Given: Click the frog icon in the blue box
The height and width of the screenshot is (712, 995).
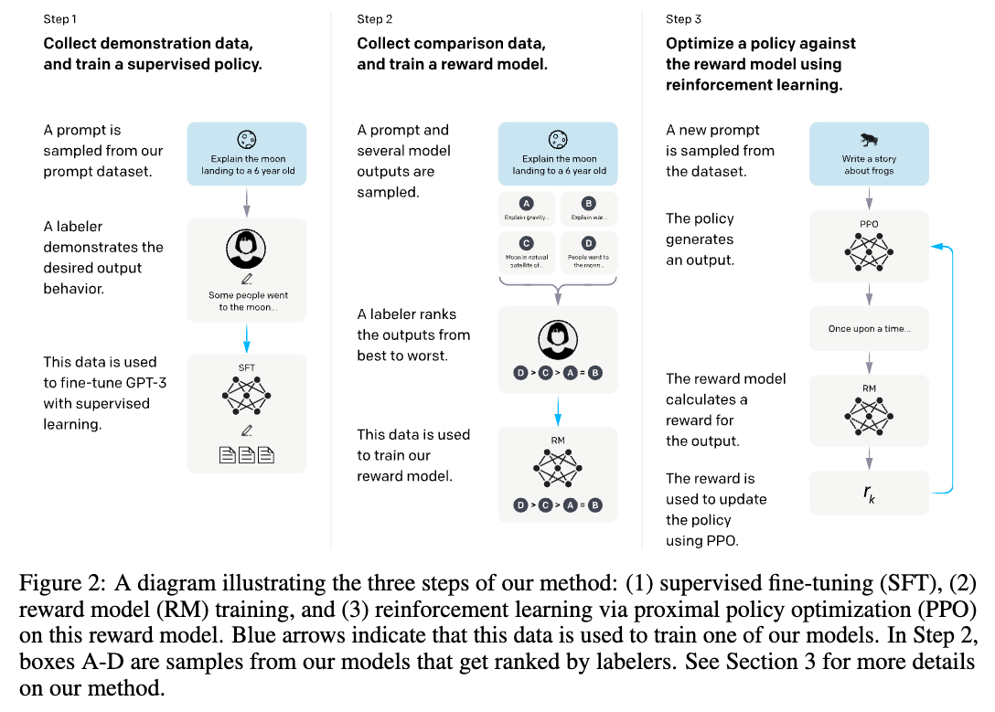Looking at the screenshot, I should [x=868, y=140].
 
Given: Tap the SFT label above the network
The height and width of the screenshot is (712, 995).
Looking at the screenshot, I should [x=246, y=367].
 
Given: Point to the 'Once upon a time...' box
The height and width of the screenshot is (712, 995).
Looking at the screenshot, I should [x=869, y=328].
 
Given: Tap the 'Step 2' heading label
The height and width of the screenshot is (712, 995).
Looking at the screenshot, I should [x=376, y=19].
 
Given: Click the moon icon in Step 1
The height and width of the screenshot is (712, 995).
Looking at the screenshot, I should [x=245, y=140].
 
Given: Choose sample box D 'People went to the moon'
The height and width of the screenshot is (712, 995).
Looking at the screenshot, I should [x=589, y=252].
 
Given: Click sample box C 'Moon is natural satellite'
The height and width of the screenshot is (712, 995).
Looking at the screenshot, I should [x=526, y=252].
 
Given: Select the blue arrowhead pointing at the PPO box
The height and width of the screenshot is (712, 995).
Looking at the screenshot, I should [x=936, y=246].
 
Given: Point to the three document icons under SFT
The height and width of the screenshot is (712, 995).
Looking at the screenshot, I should [x=246, y=453].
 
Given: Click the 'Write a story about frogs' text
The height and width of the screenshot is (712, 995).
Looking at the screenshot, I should [x=869, y=165].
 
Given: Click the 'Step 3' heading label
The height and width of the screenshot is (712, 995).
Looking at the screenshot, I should [x=685, y=19].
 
